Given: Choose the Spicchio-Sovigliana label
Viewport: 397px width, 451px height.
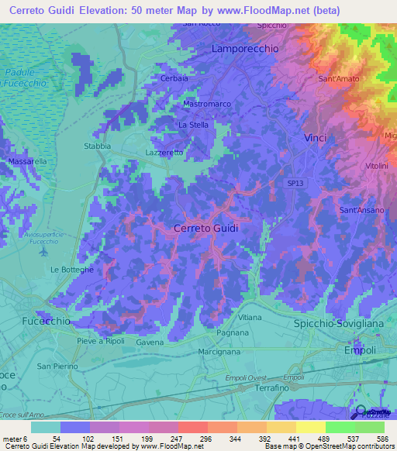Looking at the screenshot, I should pyautogui.click(x=335, y=322).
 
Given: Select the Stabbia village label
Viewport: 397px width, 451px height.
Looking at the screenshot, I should pyautogui.click(x=97, y=146).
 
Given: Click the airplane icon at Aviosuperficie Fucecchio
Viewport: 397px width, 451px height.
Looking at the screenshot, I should pyautogui.click(x=44, y=252).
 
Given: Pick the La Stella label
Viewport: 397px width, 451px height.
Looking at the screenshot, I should pyautogui.click(x=193, y=124).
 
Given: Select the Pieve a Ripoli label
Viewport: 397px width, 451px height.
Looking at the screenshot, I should pyautogui.click(x=101, y=341).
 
